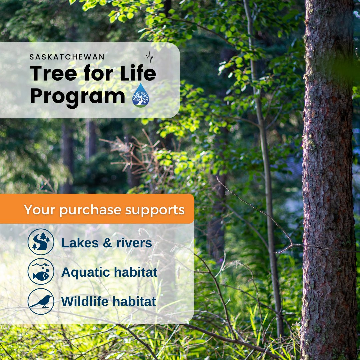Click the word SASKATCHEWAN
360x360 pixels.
(67, 57)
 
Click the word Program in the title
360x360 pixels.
(77, 96)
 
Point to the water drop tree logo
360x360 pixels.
(141, 95)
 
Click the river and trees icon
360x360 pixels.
(41, 242)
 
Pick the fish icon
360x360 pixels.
(41, 272)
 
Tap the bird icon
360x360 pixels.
(41, 301)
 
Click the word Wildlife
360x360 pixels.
(84, 302)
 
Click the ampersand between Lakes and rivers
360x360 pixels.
(107, 243)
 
